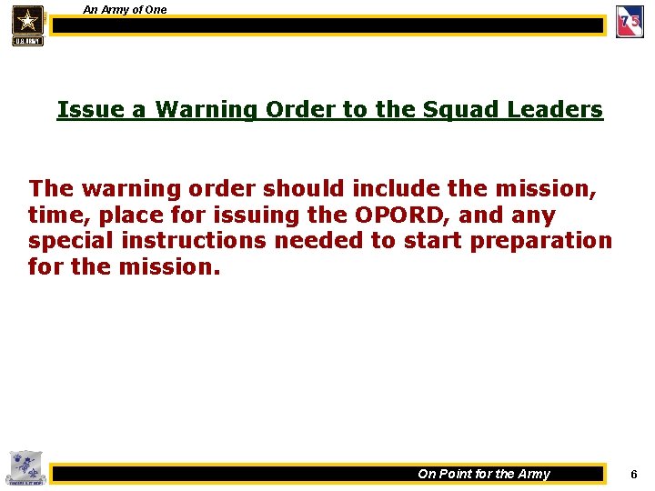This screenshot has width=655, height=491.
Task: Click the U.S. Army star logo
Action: click(x=27, y=25)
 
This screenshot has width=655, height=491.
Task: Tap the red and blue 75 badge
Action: click(x=630, y=23)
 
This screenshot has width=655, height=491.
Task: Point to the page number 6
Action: click(x=634, y=475)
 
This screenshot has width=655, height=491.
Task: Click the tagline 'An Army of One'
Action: click(x=125, y=10)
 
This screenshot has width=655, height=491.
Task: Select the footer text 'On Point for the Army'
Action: click(x=484, y=474)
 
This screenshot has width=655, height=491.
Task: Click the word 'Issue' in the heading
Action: click(x=88, y=110)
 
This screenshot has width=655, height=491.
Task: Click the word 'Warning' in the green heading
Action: click(x=207, y=110)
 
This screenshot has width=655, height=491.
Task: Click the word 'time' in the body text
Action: click(x=55, y=215)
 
